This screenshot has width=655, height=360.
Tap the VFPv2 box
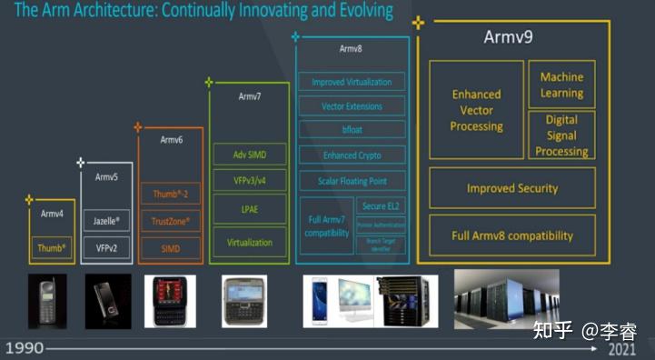pos(106,247)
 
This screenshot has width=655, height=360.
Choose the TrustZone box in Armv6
pos(170,220)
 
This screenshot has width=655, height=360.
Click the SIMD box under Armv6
pos(170,247)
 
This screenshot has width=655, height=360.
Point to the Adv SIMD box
pos(249,155)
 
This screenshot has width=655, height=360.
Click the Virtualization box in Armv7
pos(249,243)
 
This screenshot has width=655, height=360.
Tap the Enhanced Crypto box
pos(352,156)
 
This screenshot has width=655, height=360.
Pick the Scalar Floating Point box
pos(352,182)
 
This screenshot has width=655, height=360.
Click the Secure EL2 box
pos(381,206)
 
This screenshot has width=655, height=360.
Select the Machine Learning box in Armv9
pos(561,85)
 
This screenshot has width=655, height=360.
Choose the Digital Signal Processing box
pos(561,135)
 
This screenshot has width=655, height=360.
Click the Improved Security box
pos(512,188)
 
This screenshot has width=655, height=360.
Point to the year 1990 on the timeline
pos(23,348)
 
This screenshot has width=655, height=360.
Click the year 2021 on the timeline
pos(621,349)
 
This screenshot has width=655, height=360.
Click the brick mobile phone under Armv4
pos(51,301)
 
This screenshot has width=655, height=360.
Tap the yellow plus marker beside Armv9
pos(417,21)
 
